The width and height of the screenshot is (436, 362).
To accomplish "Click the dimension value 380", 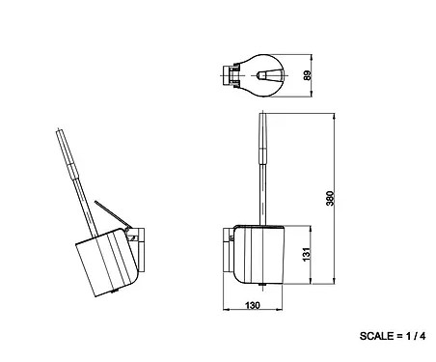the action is coord(331,198).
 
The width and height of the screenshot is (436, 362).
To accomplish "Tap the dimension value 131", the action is coord(307,254).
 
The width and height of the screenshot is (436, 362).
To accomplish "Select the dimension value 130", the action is coord(253,305).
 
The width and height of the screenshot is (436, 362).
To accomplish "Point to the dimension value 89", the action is coord(308,75).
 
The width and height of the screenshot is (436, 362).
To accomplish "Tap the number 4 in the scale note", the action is coord(422,336).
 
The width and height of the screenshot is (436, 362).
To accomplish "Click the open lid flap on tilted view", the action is coord(113,214).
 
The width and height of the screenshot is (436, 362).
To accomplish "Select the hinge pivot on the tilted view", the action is coord(127,230).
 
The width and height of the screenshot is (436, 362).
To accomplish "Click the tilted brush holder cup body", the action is coord(107,263).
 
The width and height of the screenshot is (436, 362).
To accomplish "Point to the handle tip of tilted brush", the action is coord(59,130).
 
